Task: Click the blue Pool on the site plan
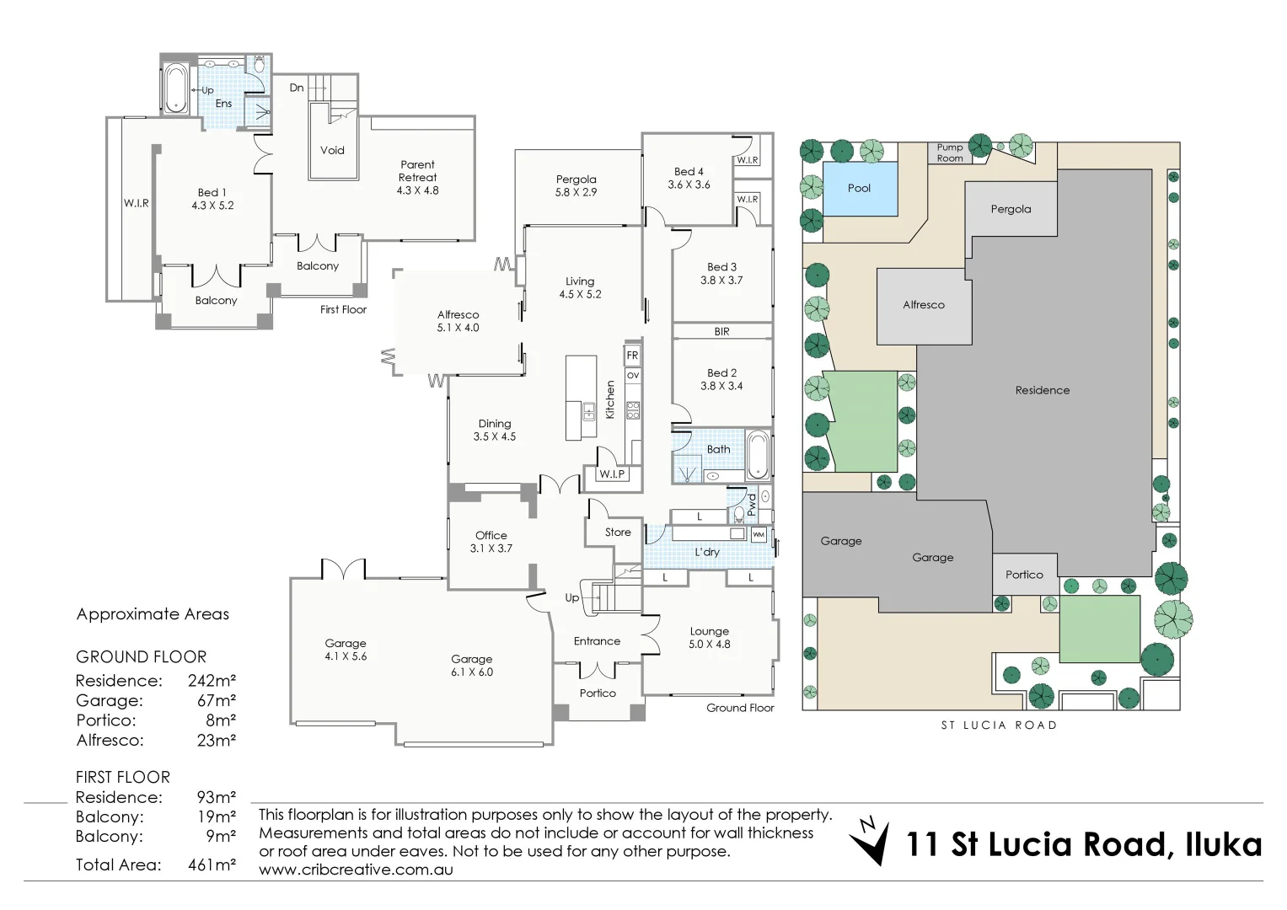click(x=859, y=189)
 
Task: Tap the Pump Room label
click(x=950, y=153)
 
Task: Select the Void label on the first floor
click(x=332, y=150)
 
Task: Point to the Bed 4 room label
click(x=689, y=178)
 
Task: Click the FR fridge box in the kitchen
click(x=632, y=355)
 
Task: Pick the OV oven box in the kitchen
click(x=632, y=375)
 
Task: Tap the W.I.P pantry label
click(x=612, y=474)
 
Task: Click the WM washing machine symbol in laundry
click(x=758, y=534)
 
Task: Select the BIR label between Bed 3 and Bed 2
click(x=721, y=332)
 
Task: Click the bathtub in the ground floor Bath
click(x=758, y=455)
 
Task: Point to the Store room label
click(x=618, y=533)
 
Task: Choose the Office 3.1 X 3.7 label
click(x=491, y=542)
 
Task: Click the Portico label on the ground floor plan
click(x=598, y=693)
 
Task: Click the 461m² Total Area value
click(x=212, y=864)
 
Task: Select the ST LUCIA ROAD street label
click(x=999, y=725)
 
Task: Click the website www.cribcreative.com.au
click(x=356, y=870)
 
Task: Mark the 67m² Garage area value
click(x=212, y=700)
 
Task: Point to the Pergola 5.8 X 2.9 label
click(x=576, y=185)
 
